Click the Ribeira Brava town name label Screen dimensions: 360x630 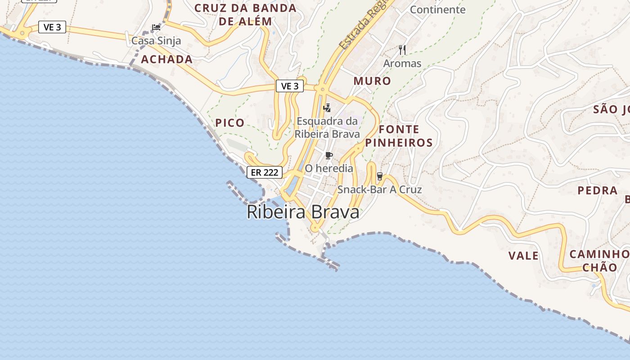click(303, 212)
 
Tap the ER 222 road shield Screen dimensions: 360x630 click(265, 172)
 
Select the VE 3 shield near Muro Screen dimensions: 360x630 click(290, 86)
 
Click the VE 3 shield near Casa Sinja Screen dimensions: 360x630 click(52, 27)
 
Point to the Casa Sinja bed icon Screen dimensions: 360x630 click(156, 27)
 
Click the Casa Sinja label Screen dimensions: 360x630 click(156, 41)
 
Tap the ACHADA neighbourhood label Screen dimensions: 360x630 click(167, 59)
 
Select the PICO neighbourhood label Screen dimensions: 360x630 click(230, 122)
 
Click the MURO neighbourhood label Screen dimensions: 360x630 click(372, 81)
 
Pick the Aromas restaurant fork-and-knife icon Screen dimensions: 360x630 click(402, 50)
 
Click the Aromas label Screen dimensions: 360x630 click(402, 63)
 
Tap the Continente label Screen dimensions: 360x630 click(437, 9)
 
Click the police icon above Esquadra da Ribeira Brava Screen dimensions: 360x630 click(327, 108)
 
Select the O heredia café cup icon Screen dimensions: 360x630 click(329, 156)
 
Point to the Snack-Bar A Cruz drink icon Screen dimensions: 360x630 click(380, 176)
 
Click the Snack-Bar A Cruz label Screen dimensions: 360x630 click(380, 189)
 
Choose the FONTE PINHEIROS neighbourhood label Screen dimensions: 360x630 click(399, 136)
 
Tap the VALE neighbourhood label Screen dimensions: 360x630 click(523, 256)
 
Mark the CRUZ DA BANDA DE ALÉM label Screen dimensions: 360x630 click(246, 14)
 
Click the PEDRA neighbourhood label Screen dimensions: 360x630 click(598, 190)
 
